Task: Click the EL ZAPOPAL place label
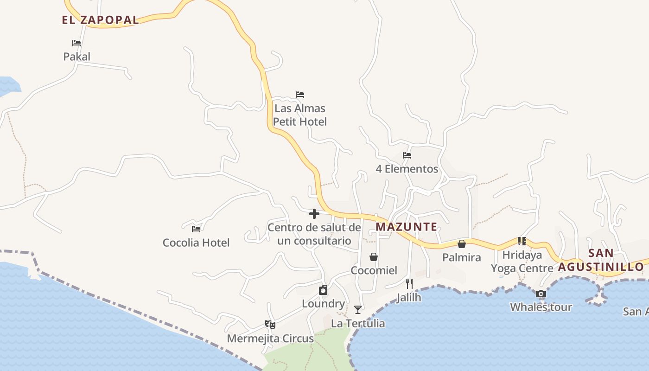[x=101, y=20]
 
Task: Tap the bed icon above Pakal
[x=76, y=43]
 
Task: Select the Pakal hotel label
[x=77, y=57]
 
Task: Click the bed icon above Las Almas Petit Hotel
[x=300, y=95]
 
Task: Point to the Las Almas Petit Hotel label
[x=300, y=115]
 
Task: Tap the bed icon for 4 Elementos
[x=407, y=155]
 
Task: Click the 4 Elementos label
[x=407, y=169]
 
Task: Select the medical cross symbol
[x=314, y=214]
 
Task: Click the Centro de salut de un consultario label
[x=314, y=234]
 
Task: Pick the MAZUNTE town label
[x=407, y=227]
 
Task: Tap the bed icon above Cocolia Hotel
[x=196, y=229]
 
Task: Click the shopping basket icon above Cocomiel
[x=374, y=257]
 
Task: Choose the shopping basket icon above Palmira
[x=462, y=244]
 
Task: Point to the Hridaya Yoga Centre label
[x=522, y=262]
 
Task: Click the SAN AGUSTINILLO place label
[x=601, y=260]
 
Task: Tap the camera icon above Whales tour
[x=541, y=294]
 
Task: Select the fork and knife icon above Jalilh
[x=409, y=283]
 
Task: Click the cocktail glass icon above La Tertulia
[x=358, y=309]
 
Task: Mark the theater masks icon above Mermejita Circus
[x=270, y=325]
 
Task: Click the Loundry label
[x=324, y=304]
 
